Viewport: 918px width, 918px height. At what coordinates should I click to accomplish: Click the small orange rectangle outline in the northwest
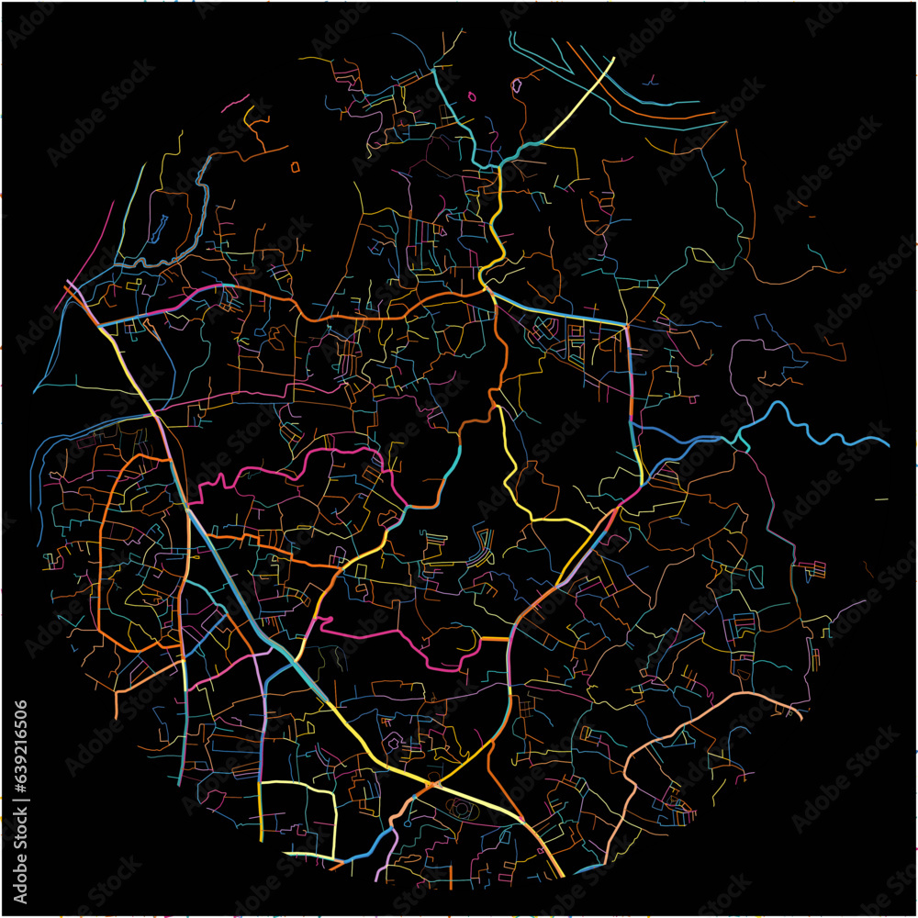(295, 167)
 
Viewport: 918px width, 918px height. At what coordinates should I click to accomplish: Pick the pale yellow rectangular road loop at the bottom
(298, 817)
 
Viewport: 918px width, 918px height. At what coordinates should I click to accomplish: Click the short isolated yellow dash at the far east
(881, 499)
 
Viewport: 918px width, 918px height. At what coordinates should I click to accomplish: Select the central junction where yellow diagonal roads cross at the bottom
(431, 786)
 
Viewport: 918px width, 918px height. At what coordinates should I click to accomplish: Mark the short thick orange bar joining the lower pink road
(494, 638)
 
